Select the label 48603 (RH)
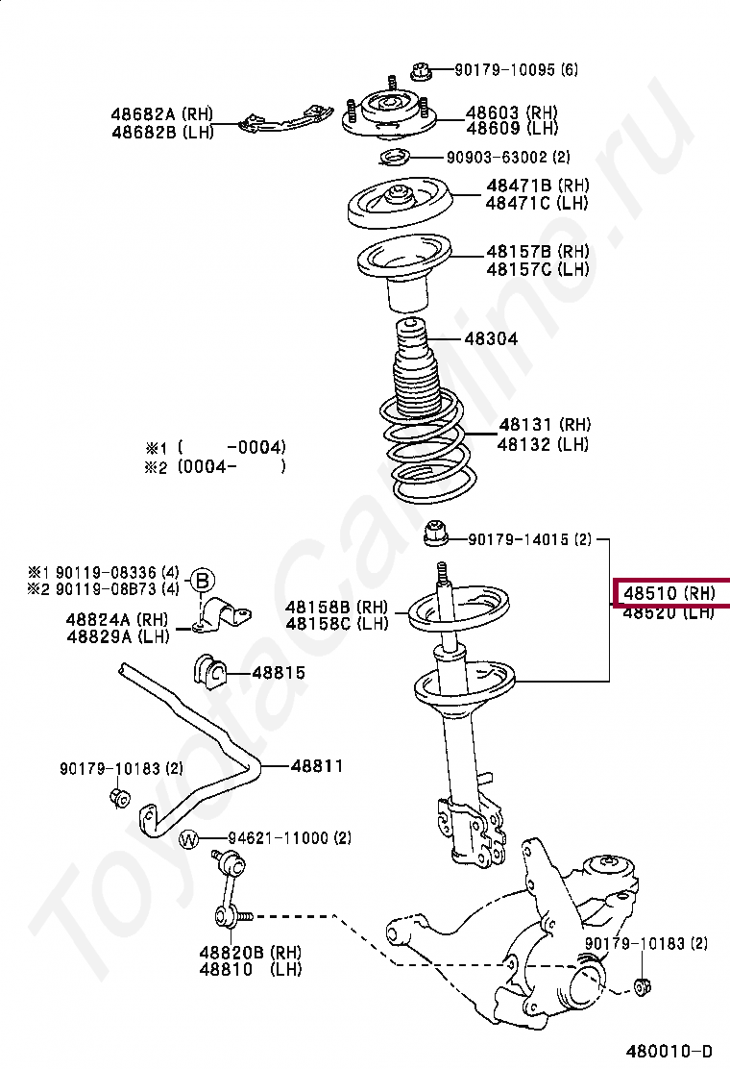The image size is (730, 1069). pyautogui.click(x=512, y=112)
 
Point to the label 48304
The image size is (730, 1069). pyautogui.click(x=491, y=338)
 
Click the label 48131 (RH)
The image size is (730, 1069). pyautogui.click(x=544, y=424)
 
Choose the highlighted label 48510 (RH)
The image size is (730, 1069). pyautogui.click(x=669, y=593)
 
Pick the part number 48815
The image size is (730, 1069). pyautogui.click(x=279, y=672)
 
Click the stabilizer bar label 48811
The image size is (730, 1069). pyautogui.click(x=316, y=766)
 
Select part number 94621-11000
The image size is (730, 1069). pyautogui.click(x=279, y=838)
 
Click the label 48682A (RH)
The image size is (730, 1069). pyautogui.click(x=162, y=114)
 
